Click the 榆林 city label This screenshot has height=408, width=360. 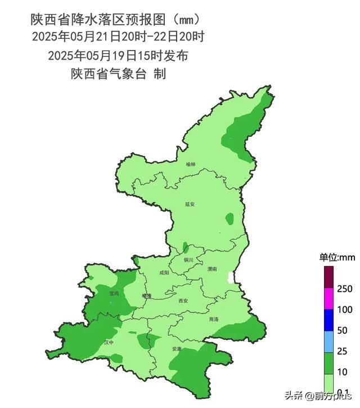(x=190, y=164)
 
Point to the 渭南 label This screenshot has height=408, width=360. (x=211, y=269)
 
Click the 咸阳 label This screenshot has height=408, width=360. (x=164, y=272)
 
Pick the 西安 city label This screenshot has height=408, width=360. (x=182, y=301)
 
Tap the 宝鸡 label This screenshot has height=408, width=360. (x=114, y=293)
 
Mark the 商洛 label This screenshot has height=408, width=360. (x=213, y=319)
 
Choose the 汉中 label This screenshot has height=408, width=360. (x=109, y=342)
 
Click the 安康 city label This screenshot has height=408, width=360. (x=177, y=349)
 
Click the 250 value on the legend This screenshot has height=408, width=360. (x=345, y=289)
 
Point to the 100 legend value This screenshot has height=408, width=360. (x=345, y=310)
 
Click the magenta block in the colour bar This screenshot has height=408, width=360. (x=329, y=299)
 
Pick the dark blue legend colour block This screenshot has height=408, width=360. (x=329, y=320)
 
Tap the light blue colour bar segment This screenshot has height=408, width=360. (x=329, y=341)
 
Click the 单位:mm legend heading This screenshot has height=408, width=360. (x=337, y=257)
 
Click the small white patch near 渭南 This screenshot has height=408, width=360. (x=229, y=277)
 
